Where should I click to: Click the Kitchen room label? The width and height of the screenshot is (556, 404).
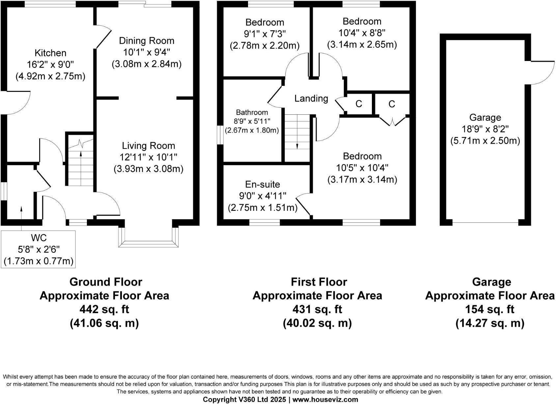(50, 53)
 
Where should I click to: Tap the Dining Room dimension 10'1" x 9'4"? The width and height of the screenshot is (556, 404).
(147, 52)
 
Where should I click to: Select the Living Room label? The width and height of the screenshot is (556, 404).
(148, 146)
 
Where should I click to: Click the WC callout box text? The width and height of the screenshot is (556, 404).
(39, 249)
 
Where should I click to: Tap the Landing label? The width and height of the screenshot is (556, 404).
(311, 98)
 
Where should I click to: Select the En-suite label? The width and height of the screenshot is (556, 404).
(263, 184)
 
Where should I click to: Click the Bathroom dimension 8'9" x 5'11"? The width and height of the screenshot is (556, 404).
(252, 121)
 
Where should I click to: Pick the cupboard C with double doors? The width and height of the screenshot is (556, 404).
(392, 104)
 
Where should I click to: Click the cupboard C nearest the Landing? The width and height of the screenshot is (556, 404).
(359, 104)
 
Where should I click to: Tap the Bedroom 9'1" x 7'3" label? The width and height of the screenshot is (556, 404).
(264, 22)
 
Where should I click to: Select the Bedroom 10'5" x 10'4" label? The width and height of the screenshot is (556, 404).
(362, 156)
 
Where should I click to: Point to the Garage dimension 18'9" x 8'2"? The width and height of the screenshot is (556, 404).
(485, 129)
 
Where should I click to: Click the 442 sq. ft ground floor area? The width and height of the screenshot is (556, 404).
(104, 309)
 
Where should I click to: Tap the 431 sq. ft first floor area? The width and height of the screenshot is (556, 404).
(317, 309)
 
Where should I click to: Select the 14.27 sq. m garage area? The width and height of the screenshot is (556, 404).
(489, 323)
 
